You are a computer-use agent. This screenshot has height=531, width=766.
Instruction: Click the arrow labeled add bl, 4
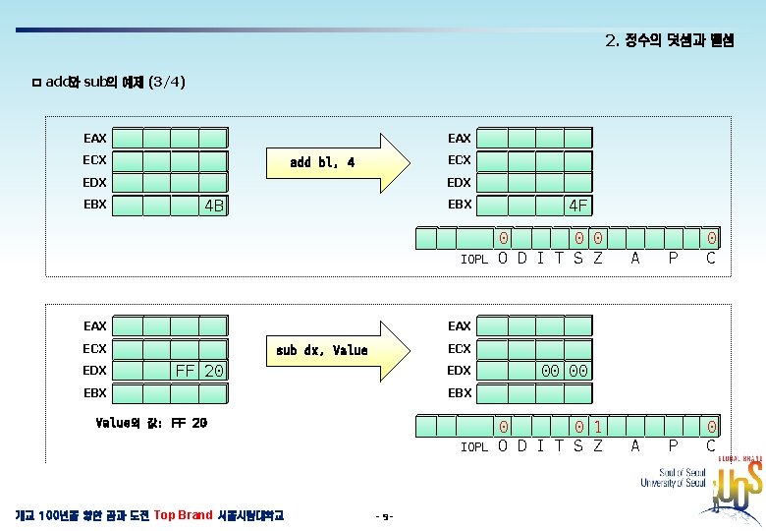tap(339, 161)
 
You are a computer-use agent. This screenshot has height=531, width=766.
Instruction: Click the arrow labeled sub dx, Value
tap(339, 349)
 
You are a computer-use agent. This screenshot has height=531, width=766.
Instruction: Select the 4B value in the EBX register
tap(213, 206)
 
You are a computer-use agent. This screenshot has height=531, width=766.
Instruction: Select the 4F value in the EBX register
tap(578, 206)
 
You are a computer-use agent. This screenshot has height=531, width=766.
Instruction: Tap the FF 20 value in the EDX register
tap(198, 371)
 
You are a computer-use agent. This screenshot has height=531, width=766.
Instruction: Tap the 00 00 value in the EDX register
tap(565, 371)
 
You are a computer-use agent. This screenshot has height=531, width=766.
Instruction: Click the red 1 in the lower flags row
tap(598, 428)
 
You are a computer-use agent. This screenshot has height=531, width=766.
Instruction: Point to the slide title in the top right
tap(669, 40)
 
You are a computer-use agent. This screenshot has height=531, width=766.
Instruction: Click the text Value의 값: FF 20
tap(151, 423)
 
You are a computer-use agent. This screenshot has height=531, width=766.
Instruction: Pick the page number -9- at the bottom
tap(384, 515)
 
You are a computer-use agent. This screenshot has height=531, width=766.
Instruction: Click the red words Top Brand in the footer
tap(183, 514)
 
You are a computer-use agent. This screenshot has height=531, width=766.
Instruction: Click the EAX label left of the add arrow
tap(95, 139)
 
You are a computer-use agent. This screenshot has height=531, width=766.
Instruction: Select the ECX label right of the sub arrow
tap(460, 348)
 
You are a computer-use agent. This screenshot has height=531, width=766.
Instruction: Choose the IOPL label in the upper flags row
tap(474, 260)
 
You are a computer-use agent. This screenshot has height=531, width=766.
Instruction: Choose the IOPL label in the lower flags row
tap(474, 447)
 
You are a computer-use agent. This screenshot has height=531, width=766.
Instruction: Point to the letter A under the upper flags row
tap(635, 259)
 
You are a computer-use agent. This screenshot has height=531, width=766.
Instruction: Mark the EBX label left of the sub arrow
tap(95, 392)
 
